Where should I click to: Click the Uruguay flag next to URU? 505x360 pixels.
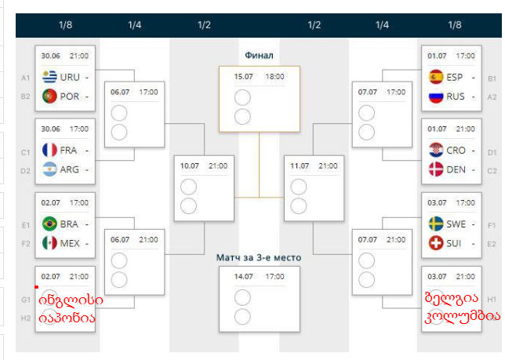pyautogui.click(x=49, y=78)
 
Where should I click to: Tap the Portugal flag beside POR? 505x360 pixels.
pyautogui.click(x=49, y=96)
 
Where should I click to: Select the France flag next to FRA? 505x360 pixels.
pyautogui.click(x=49, y=150)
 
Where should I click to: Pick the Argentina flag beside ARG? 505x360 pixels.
pyautogui.click(x=49, y=169)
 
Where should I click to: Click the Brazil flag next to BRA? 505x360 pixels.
pyautogui.click(x=49, y=224)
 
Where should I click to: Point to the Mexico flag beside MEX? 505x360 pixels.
pyautogui.click(x=49, y=243)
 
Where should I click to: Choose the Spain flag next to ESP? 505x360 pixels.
pyautogui.click(x=436, y=78)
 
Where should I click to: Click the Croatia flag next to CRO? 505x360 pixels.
pyautogui.click(x=436, y=151)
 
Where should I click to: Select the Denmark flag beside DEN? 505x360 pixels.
pyautogui.click(x=436, y=169)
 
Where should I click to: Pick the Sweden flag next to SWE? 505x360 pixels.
pyautogui.click(x=436, y=224)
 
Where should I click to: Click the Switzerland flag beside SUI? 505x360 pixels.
pyautogui.click(x=436, y=243)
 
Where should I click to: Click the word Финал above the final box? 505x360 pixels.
pyautogui.click(x=259, y=55)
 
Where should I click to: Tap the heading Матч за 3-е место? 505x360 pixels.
pyautogui.click(x=259, y=256)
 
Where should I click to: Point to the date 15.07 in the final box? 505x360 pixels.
pyautogui.click(x=244, y=77)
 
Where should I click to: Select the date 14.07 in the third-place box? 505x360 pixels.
pyautogui.click(x=244, y=276)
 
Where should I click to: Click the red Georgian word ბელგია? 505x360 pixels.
pyautogui.click(x=451, y=300)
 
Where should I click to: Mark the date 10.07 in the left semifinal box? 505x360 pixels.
pyautogui.click(x=191, y=166)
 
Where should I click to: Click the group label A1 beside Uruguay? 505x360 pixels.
pyautogui.click(x=26, y=78)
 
